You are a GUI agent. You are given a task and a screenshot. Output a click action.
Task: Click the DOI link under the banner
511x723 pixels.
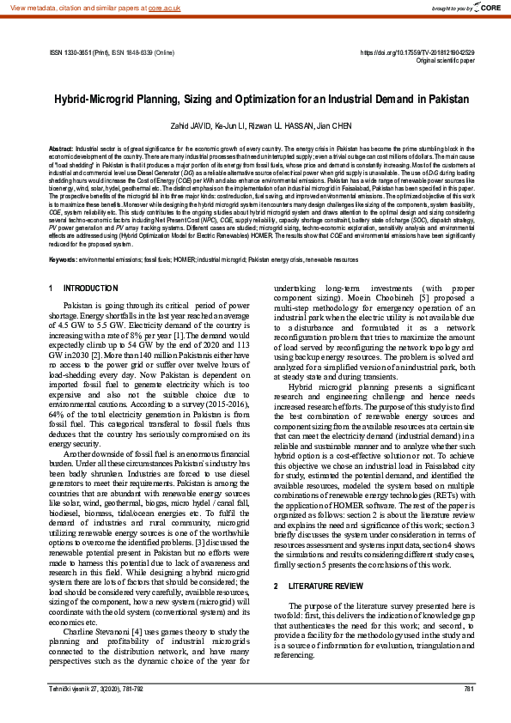click(x=417, y=52)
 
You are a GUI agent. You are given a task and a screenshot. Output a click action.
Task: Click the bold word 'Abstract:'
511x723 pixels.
click(x=61, y=149)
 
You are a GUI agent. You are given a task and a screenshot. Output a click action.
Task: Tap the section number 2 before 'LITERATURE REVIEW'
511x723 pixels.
click(x=276, y=562)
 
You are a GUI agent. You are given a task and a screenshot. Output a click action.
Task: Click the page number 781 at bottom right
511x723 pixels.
click(x=468, y=690)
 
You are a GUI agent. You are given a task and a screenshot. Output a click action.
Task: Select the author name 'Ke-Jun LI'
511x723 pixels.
click(x=229, y=125)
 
